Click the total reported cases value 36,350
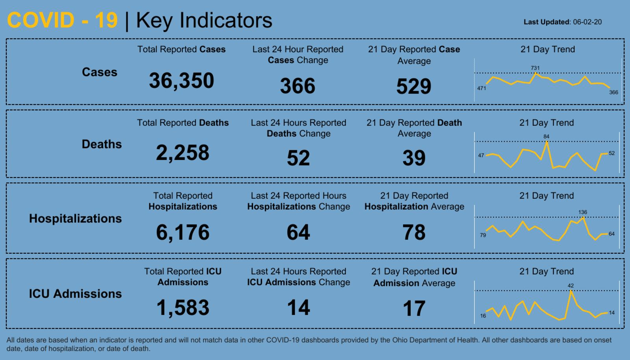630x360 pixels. (182, 81)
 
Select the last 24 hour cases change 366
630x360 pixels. (298, 86)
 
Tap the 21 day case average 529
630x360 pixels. (414, 86)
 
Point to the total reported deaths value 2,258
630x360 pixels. (183, 153)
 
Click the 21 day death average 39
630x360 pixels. (414, 158)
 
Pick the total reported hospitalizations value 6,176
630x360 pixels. (183, 232)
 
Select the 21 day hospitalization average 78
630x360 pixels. (414, 232)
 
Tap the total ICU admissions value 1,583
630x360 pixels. (183, 308)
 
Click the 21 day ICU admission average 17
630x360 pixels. (414, 308)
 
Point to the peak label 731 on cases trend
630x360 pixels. (535, 68)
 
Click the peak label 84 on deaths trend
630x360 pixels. (546, 137)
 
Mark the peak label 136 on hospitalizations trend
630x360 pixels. (583, 212)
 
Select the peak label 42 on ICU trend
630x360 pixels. (571, 286)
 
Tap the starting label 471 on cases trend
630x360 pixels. (482, 89)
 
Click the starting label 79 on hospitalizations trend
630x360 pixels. (483, 235)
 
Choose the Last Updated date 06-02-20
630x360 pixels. (587, 22)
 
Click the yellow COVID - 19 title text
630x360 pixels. (62, 20)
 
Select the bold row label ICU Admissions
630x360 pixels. (75, 294)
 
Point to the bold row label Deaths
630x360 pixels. (102, 144)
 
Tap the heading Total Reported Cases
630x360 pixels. (182, 49)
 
